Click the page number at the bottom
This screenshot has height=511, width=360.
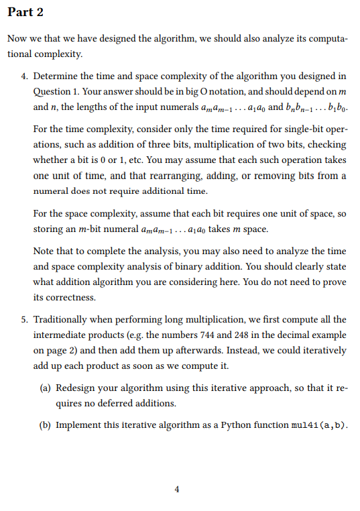coord(176,489)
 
